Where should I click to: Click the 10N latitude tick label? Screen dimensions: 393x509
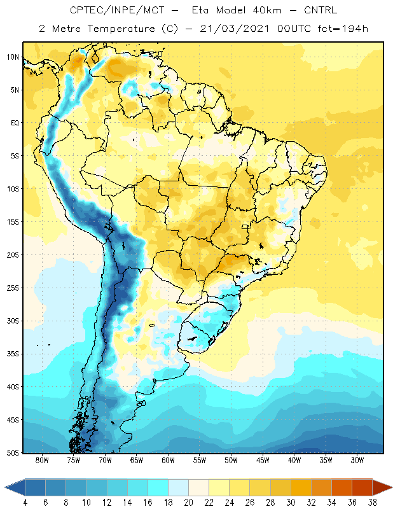(x=13, y=57)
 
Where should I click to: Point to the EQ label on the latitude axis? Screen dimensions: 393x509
(x=15, y=123)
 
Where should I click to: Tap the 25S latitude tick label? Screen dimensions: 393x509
(x=13, y=288)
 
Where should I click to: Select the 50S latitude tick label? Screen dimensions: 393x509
(x=13, y=453)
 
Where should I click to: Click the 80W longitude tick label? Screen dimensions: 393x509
(x=42, y=460)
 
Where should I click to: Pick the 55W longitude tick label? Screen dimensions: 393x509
(x=200, y=460)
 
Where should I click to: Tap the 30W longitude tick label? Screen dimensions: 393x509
(x=357, y=460)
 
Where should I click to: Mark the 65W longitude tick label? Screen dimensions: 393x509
(x=137, y=460)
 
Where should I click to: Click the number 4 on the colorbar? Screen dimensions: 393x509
(x=25, y=503)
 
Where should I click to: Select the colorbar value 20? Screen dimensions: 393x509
(x=188, y=503)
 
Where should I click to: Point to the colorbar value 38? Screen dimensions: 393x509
(x=372, y=503)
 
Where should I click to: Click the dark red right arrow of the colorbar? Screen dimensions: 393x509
(x=382, y=487)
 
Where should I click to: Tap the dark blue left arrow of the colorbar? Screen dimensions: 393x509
(x=15, y=487)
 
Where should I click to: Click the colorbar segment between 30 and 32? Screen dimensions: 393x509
(x=301, y=487)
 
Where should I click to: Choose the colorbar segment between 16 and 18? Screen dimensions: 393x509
(x=158, y=487)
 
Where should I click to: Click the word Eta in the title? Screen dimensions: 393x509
(x=200, y=10)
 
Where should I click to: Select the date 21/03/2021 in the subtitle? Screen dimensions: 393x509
(x=234, y=29)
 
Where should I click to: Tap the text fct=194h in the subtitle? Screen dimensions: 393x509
(x=343, y=29)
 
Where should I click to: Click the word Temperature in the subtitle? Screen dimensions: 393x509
(x=121, y=29)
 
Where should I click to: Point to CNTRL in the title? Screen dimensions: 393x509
(x=321, y=10)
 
